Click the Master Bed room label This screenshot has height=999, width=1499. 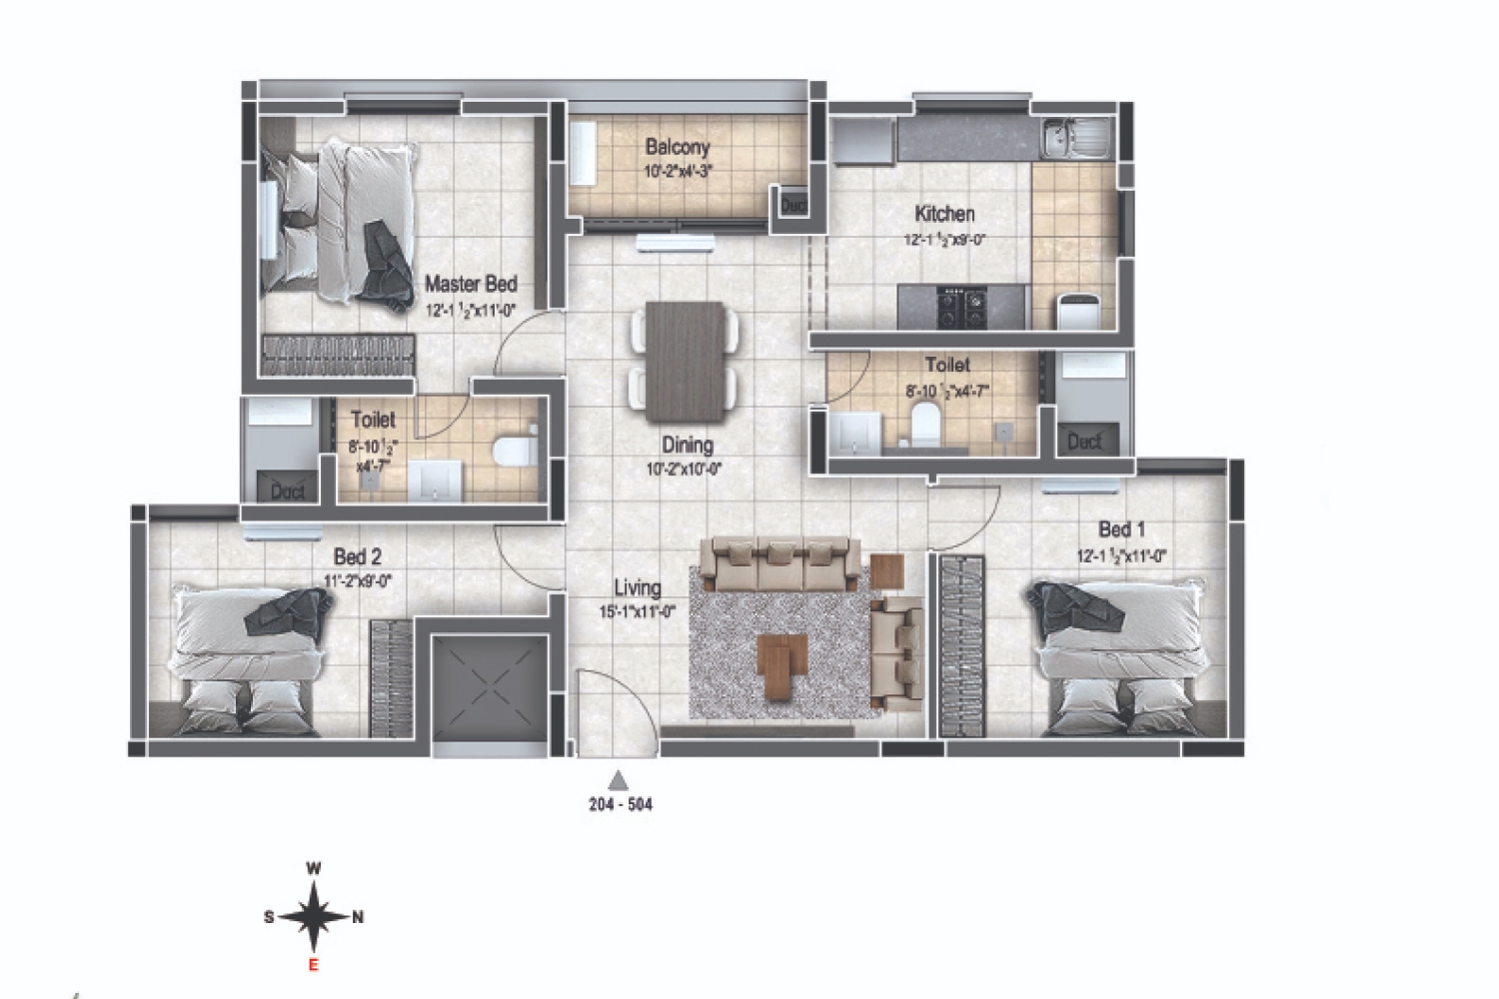click(x=471, y=285)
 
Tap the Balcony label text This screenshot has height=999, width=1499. click(x=678, y=147)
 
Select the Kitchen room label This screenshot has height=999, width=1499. click(x=944, y=214)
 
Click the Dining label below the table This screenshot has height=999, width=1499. click(x=687, y=445)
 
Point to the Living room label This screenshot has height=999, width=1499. click(x=638, y=588)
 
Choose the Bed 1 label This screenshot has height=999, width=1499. click(x=1121, y=529)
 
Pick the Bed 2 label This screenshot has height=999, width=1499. click(x=357, y=556)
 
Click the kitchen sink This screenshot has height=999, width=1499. click(x=1075, y=138)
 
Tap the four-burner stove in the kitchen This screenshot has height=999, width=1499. click(x=960, y=307)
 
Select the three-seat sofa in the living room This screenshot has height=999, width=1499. click(x=779, y=562)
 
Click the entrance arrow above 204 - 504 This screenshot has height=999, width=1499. click(x=620, y=780)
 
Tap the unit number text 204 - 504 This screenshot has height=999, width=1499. click(x=620, y=804)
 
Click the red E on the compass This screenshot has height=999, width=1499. click(x=313, y=964)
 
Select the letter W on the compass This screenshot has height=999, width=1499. click(x=313, y=869)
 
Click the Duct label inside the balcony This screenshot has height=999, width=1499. click(x=793, y=205)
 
